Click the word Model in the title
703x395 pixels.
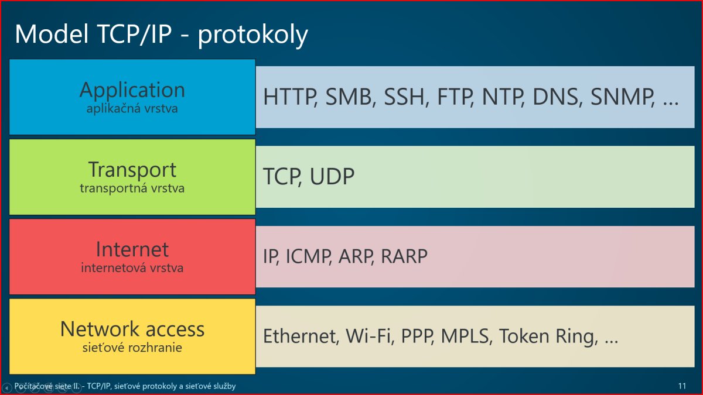(52, 34)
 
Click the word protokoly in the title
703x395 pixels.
(252, 36)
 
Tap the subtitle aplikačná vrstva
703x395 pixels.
(132, 109)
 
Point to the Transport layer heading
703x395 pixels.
(132, 170)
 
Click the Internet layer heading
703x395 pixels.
(132, 249)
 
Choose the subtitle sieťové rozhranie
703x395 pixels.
(132, 348)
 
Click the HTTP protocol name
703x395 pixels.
(289, 97)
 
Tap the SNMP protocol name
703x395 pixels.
(622, 97)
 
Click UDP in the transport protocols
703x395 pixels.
(332, 176)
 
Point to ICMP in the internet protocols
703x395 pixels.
(309, 256)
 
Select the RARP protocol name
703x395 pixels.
(404, 256)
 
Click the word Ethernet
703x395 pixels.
(301, 336)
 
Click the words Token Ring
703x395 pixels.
(548, 337)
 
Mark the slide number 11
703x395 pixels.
(682, 386)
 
